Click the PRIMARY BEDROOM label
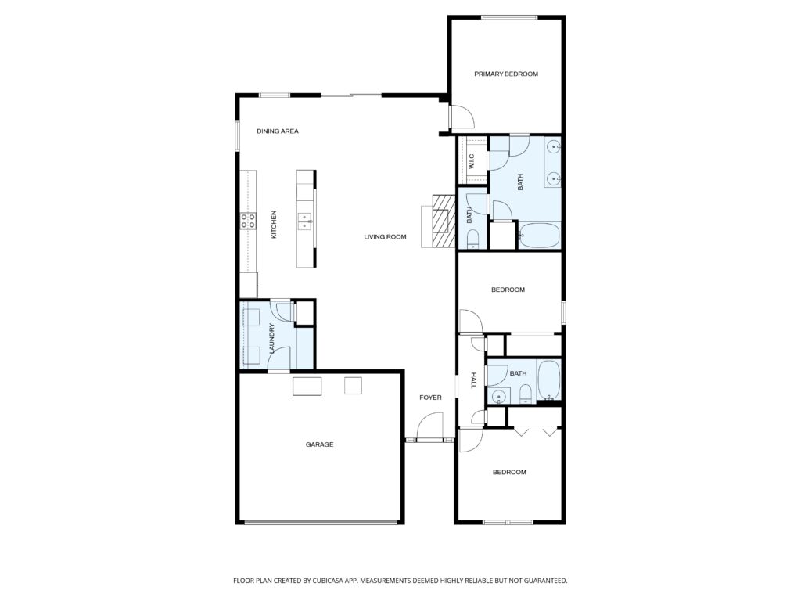coord(506,74)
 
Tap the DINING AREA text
coord(278,131)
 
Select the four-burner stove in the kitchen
coord(249,221)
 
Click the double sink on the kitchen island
coord(305,221)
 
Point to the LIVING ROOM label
coord(385,236)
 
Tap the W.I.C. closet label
coord(472,161)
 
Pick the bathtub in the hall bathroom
coord(549,380)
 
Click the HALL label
coord(473,381)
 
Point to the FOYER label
coord(430,398)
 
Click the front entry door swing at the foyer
coord(429,428)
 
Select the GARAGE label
coord(319,444)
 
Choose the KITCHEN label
coord(274,225)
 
